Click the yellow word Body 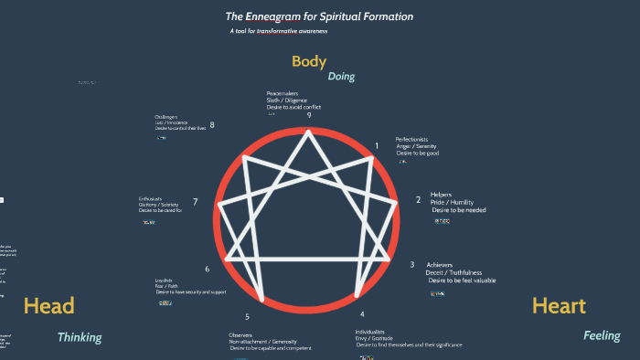[309, 62]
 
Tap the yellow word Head [48, 306]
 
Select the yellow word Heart [559, 306]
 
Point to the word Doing [341, 77]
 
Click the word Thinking [80, 337]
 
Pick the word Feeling [602, 336]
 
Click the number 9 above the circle [309, 115]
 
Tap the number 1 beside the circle [377, 145]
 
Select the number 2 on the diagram [418, 199]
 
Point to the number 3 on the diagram [411, 264]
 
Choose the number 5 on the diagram [247, 317]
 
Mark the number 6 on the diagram [208, 269]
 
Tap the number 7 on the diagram [195, 202]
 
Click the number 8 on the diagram [212, 125]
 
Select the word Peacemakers [283, 93]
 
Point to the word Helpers [442, 194]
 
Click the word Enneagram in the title [282, 16]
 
